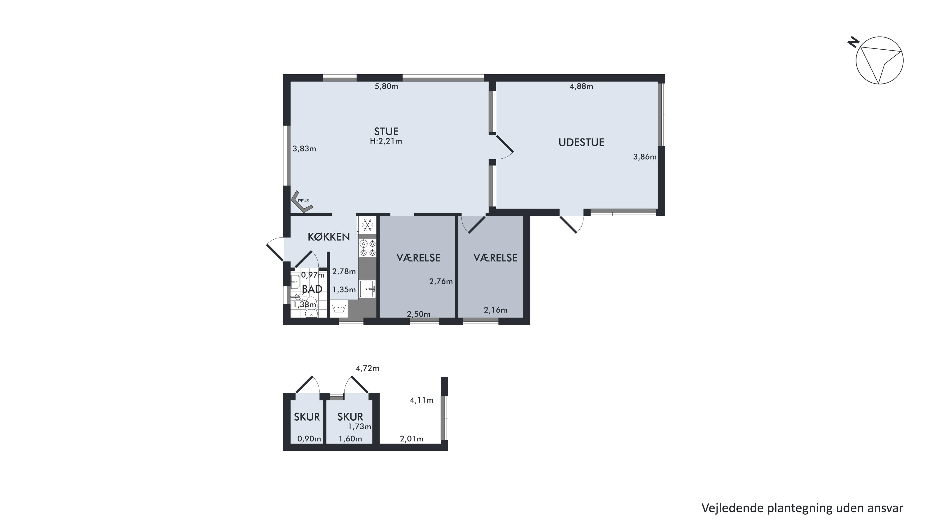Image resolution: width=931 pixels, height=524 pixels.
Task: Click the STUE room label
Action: pos(386,131)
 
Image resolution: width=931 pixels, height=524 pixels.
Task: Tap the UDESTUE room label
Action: pos(581,142)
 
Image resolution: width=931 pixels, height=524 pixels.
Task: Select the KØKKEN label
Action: pos(329,237)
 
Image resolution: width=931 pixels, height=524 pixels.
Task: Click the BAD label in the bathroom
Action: pos(312,289)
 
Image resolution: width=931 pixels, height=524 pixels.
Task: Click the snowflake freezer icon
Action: pos(367,225)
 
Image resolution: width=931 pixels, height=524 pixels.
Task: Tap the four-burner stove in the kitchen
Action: pos(367,248)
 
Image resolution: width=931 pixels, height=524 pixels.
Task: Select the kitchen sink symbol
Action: pos(367,289)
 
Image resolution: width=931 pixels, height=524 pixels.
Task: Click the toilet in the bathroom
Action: pos(311,307)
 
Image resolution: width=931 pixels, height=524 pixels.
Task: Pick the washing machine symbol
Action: pos(339,309)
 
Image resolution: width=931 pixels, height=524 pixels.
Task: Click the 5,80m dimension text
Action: pos(386,86)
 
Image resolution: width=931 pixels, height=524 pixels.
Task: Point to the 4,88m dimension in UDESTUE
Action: pos(581,86)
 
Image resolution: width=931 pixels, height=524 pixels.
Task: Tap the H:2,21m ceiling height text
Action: pos(386,141)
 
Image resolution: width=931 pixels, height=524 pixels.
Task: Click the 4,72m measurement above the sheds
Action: pos(367,368)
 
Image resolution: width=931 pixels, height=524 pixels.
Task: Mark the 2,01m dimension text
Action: pos(412,439)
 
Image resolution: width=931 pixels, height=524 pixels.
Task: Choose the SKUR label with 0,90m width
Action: pos(307,417)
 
